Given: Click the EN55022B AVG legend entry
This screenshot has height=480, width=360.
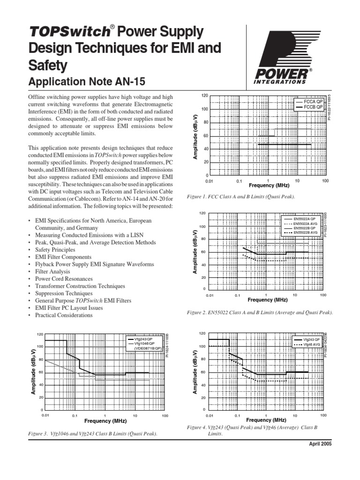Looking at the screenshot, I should click(x=307, y=232).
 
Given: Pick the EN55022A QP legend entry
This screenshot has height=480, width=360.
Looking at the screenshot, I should click(x=307, y=218).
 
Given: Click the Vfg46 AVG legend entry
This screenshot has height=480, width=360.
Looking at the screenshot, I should click(x=311, y=345).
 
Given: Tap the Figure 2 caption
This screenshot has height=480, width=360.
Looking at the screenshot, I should click(x=259, y=312).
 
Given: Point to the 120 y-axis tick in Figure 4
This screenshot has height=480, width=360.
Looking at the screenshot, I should click(x=202, y=333).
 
